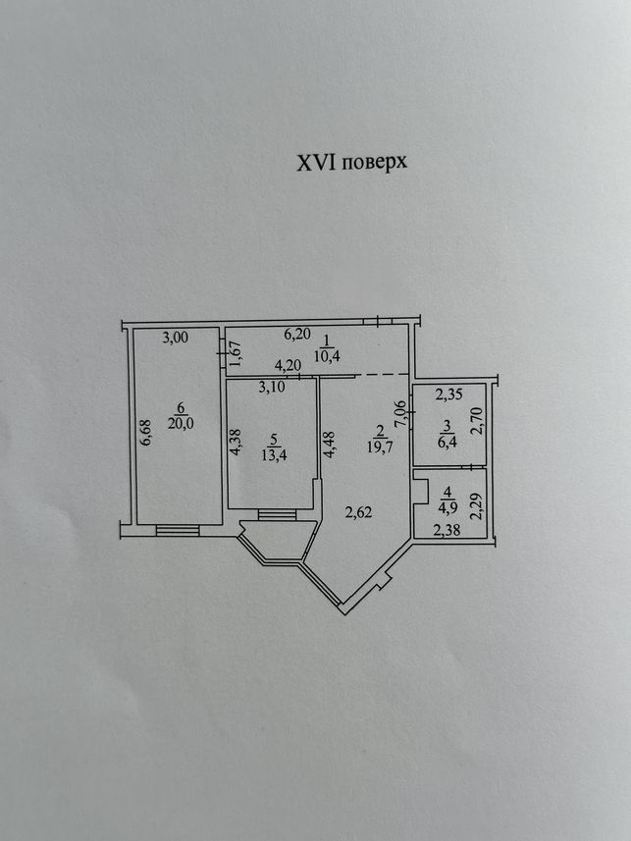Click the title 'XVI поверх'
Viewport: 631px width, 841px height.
(x=352, y=162)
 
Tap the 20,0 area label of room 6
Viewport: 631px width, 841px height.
(x=181, y=423)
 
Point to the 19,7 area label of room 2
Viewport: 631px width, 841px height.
(x=381, y=447)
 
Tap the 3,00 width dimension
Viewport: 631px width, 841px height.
(x=176, y=338)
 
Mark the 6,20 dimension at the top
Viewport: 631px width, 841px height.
(x=297, y=334)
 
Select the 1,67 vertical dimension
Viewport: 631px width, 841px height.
(x=236, y=354)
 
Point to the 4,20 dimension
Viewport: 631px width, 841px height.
(x=288, y=366)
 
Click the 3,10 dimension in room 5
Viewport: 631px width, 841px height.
(x=272, y=388)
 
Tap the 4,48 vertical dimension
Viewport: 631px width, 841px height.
(x=330, y=445)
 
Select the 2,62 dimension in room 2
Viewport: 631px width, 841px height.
(x=359, y=513)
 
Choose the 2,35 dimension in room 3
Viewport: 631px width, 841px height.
(x=449, y=395)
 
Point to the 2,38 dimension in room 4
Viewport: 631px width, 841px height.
(x=447, y=531)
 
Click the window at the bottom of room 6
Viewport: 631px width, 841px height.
(x=178, y=531)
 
